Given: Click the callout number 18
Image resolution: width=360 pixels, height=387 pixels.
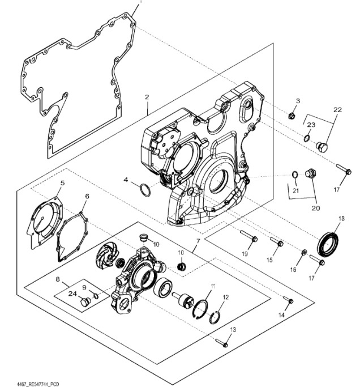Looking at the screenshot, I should coord(341,218).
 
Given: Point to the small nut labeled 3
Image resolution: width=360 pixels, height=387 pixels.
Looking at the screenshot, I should coord(291,116).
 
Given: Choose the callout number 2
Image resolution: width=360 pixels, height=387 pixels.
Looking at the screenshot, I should coord(147,97).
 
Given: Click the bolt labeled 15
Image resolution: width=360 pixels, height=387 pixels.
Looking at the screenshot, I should coord(277,244).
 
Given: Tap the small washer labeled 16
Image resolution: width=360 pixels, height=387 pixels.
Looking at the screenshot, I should coord(304,252).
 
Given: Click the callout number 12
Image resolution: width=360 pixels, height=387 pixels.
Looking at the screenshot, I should coord(226,297).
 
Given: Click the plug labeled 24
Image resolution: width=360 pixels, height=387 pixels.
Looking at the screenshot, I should coord(85,303).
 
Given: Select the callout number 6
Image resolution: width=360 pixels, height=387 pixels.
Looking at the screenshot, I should coord(87,196).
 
